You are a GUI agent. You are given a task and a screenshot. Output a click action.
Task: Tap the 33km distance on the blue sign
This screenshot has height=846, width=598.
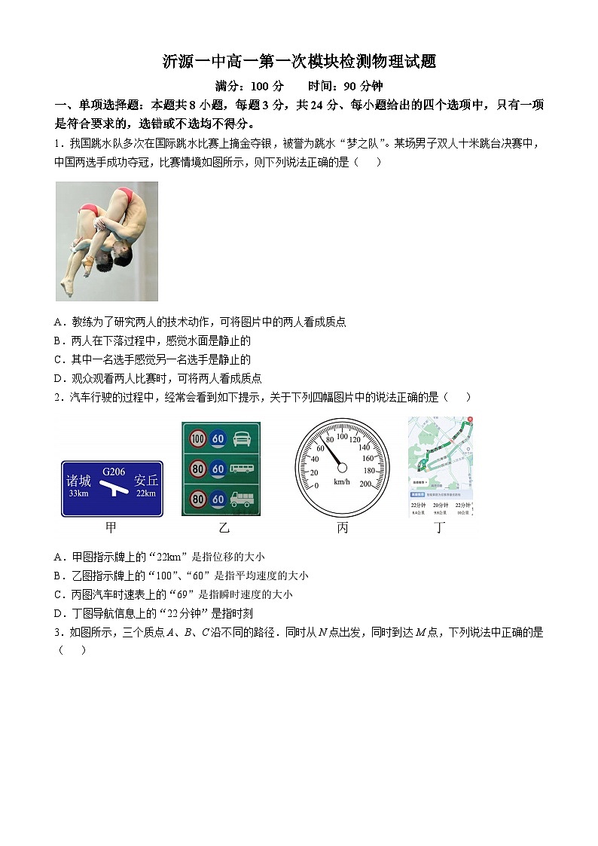[78, 494]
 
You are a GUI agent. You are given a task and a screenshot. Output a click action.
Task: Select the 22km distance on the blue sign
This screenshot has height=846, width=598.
[146, 494]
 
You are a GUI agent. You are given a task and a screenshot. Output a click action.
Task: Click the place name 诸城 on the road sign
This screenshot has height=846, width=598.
[78, 481]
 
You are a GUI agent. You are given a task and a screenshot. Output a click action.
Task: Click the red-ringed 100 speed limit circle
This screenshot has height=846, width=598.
[198, 438]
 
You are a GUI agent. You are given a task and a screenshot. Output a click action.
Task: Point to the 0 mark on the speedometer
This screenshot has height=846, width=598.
[316, 485]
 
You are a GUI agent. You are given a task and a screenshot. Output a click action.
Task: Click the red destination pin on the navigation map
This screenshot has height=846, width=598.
[470, 419]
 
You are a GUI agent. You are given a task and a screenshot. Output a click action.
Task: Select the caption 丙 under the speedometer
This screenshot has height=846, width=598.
[343, 528]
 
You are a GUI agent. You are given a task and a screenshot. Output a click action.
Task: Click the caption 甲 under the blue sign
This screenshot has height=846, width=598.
[111, 528]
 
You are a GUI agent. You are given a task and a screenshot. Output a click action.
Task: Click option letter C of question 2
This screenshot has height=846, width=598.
[59, 594]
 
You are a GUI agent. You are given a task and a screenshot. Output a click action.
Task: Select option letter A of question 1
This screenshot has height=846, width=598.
[59, 322]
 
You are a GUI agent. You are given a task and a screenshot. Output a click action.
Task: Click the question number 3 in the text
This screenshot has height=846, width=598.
[57, 633]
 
